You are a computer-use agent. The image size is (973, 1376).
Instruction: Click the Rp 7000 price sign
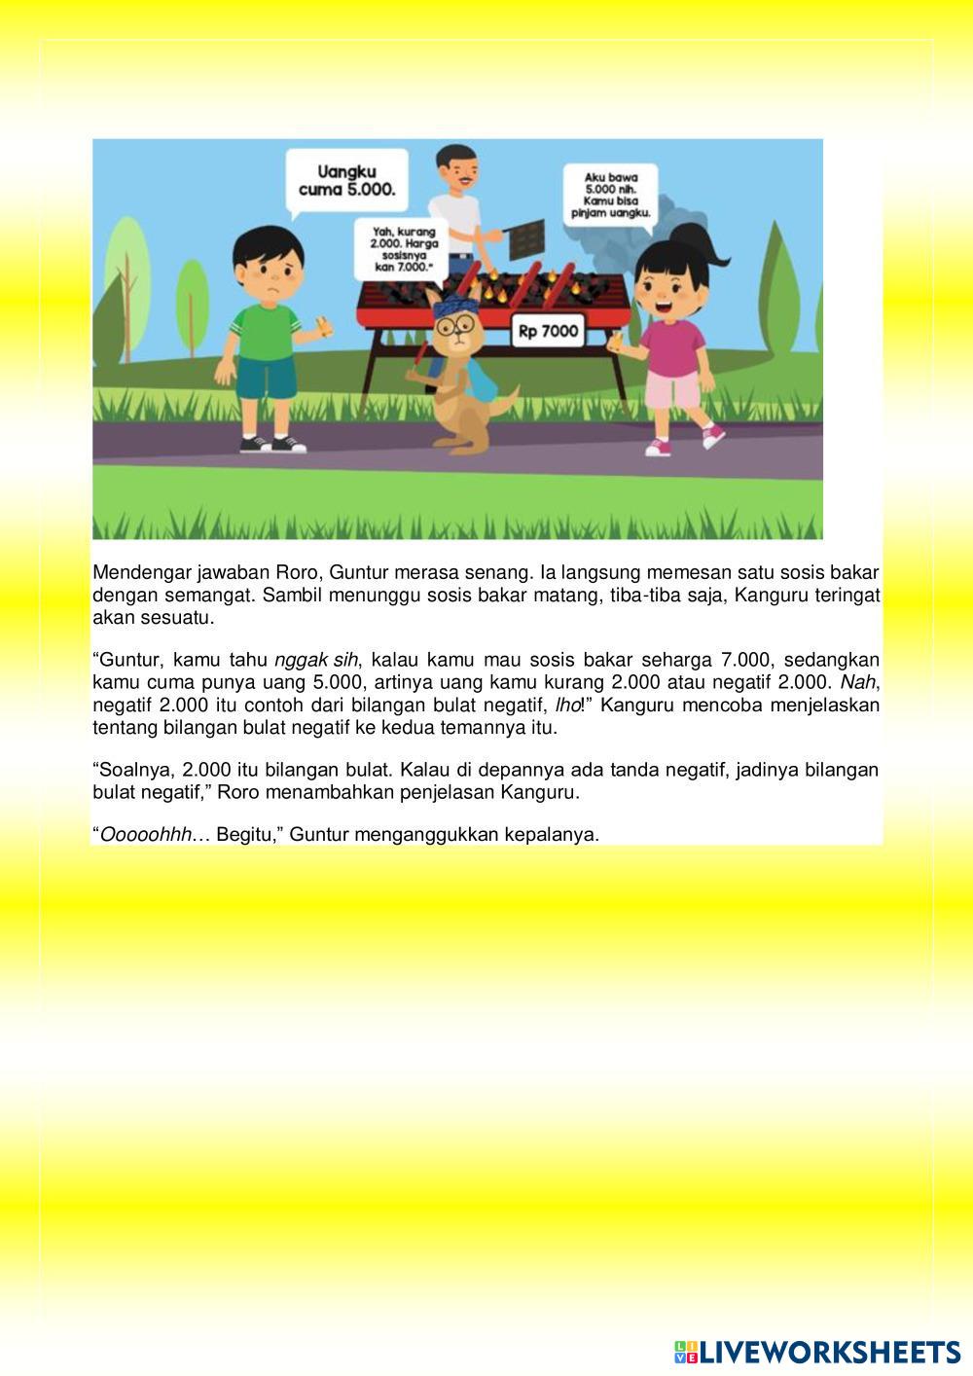tap(548, 332)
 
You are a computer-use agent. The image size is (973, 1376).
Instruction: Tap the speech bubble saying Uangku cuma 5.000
tap(346, 180)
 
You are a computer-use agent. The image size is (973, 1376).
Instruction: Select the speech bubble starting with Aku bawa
tap(610, 195)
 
